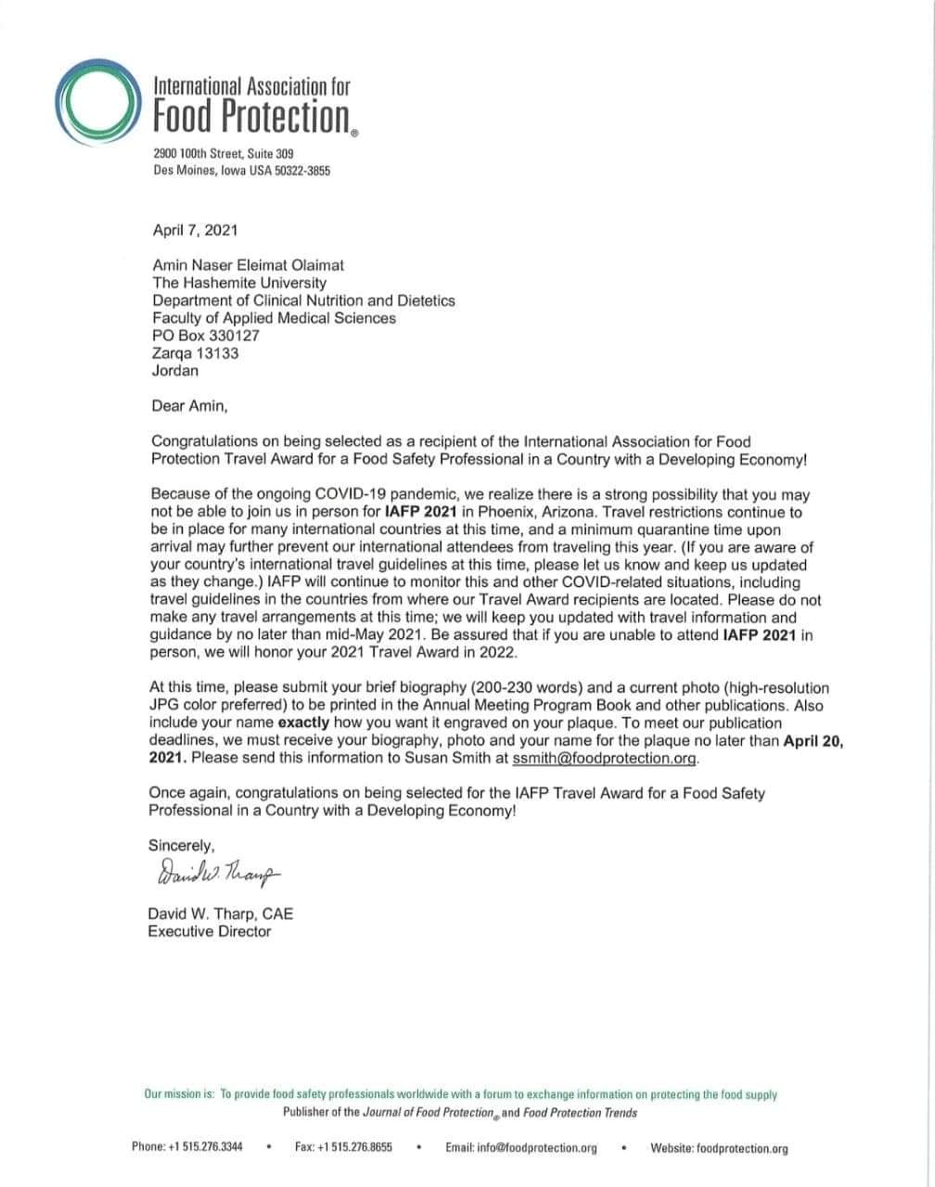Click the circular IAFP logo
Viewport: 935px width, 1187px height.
point(96,105)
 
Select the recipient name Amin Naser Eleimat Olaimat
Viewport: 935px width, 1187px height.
point(248,266)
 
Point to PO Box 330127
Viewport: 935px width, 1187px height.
point(205,336)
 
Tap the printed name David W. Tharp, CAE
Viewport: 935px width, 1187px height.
point(221,913)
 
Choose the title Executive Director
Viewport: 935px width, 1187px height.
point(210,931)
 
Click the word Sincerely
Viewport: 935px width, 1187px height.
point(182,845)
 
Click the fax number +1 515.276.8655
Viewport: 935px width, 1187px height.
point(356,1147)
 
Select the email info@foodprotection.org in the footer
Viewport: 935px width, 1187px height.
point(537,1148)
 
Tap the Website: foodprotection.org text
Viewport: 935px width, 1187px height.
point(720,1148)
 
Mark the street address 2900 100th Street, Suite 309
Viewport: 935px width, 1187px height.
point(224,152)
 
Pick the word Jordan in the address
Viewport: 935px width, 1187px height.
point(175,370)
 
